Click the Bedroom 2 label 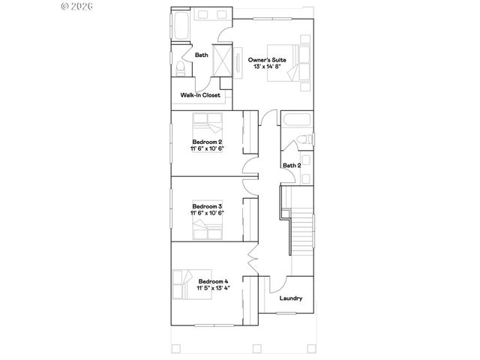pyautogui.click(x=207, y=141)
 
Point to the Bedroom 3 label pyautogui.click(x=207, y=205)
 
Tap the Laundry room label pyautogui.click(x=291, y=298)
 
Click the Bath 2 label pyautogui.click(x=292, y=165)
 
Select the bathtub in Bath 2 pyautogui.click(x=297, y=119)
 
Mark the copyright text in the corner pyautogui.click(x=76, y=6)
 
